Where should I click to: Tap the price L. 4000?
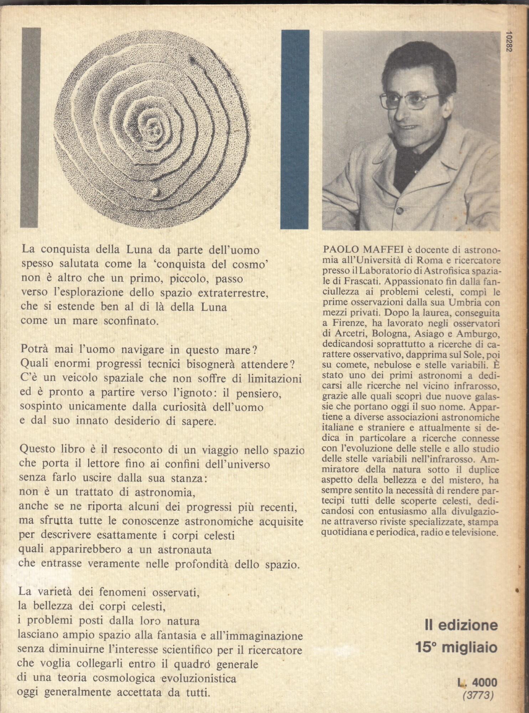tap(477, 682)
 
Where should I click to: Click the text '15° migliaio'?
tap(456, 647)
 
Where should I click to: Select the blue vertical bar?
tap(294, 129)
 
